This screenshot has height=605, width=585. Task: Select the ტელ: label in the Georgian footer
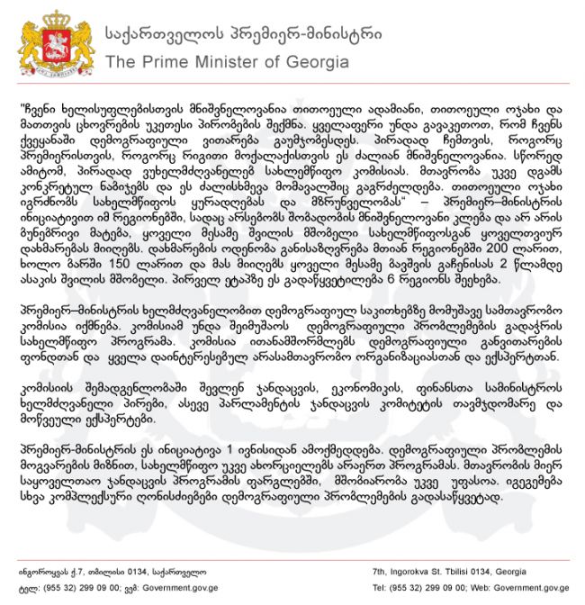pos(27,587)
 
